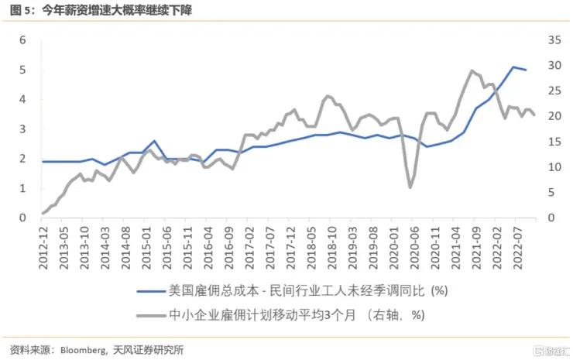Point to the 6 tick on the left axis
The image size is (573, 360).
coord(23,39)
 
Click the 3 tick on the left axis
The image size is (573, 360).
coord(23,129)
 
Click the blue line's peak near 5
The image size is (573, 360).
coord(513,67)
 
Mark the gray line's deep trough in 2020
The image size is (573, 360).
coord(410,187)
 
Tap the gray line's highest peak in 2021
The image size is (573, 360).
coord(472,70)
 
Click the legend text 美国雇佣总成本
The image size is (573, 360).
coord(206,291)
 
